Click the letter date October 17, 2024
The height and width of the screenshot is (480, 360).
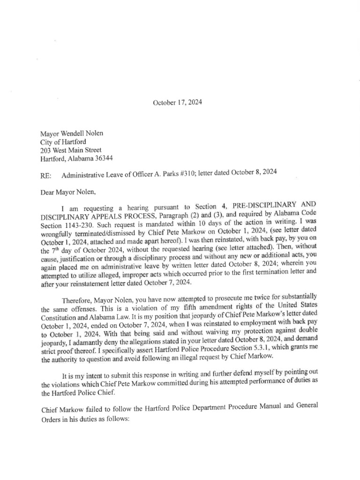178,102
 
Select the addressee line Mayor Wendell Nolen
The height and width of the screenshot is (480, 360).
72,134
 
